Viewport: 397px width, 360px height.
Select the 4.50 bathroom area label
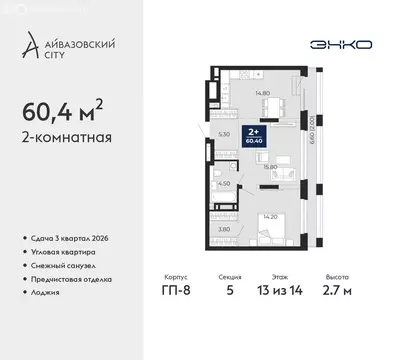coord(225,184)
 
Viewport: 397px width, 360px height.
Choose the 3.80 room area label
coord(225,228)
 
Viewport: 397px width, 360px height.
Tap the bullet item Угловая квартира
coord(62,252)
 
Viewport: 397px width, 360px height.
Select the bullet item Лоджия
coord(46,293)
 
